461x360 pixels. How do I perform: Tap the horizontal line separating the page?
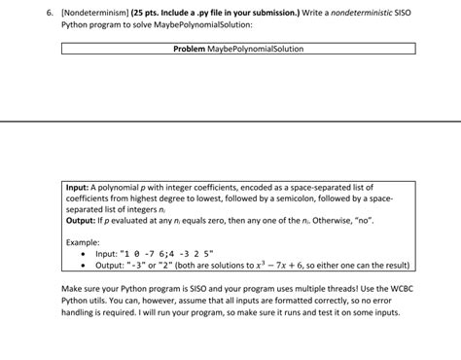click(x=230, y=121)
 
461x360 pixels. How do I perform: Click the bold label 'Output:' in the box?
click(x=81, y=220)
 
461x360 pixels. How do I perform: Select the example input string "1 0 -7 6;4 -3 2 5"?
click(x=169, y=253)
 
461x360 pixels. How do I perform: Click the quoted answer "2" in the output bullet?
click(x=167, y=265)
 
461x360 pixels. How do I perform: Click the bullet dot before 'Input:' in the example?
click(x=86, y=253)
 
